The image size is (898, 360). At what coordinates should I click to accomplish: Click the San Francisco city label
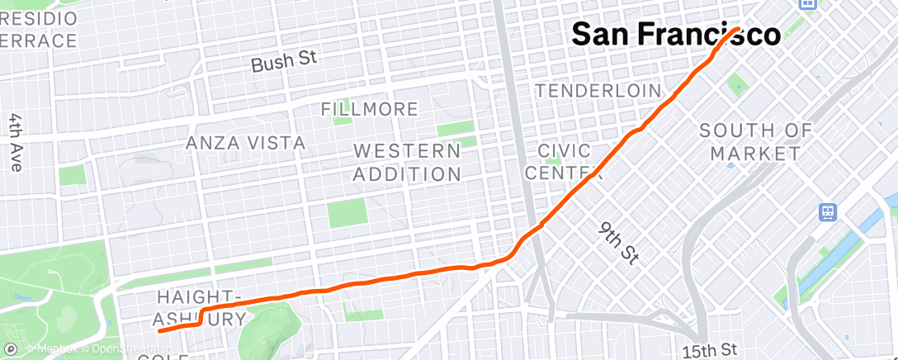coord(676,35)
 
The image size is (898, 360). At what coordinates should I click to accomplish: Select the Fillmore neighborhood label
coord(369,109)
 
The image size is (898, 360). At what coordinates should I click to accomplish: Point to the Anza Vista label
coord(245,143)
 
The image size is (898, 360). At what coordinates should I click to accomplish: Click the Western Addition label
coord(408,163)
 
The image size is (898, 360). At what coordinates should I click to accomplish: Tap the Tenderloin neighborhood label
coord(598,90)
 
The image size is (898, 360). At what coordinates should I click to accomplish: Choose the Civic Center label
coord(564,162)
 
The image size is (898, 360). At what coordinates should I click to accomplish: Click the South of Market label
coord(755,142)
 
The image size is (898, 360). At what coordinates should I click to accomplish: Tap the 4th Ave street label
coord(16,143)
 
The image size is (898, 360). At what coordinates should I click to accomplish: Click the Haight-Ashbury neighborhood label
coord(200,307)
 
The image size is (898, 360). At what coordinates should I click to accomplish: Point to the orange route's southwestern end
coord(158,330)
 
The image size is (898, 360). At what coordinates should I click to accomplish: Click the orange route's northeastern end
coord(736,29)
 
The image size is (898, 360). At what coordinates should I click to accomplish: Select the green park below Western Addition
coord(346,212)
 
